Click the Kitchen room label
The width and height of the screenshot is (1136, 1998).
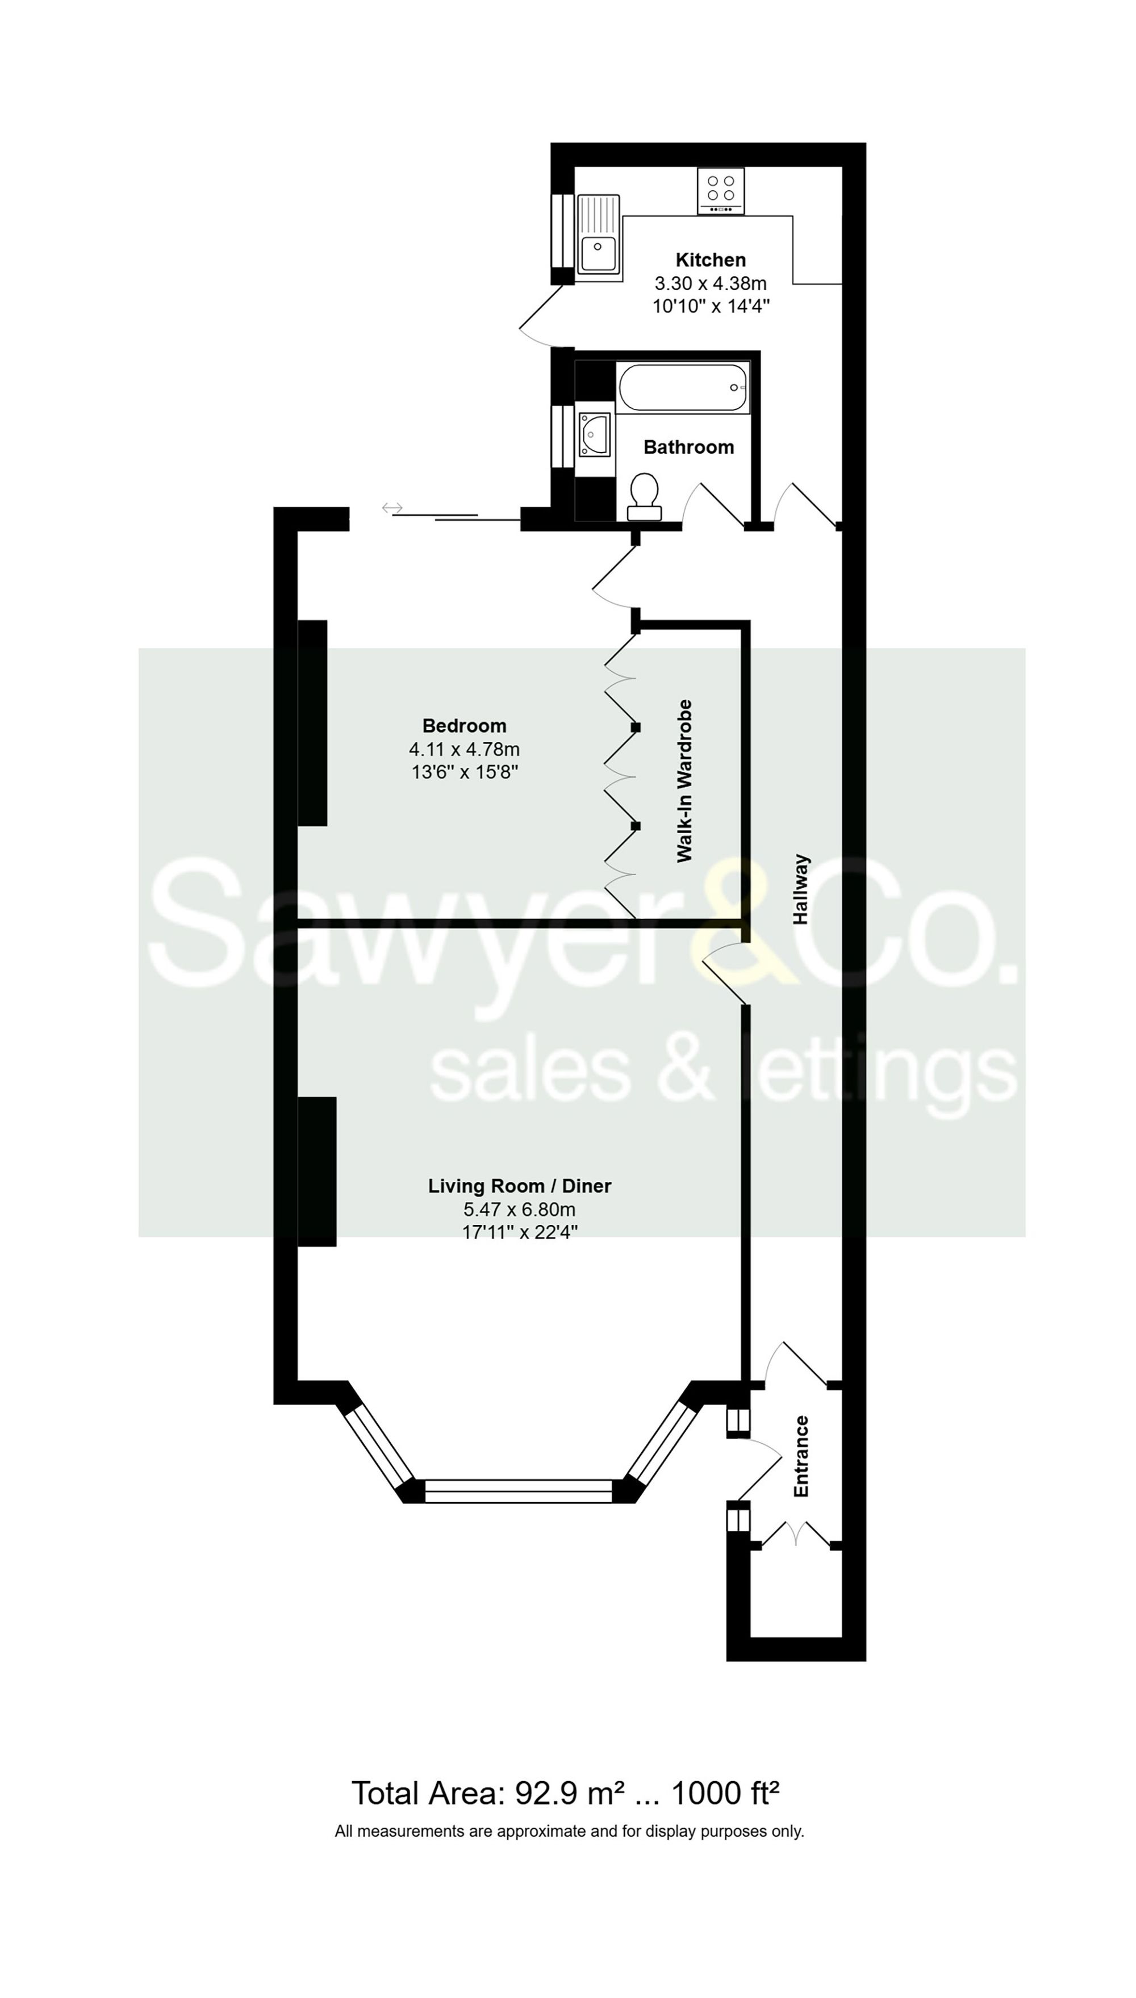[x=710, y=260]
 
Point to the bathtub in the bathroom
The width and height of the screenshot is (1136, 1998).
[x=683, y=388]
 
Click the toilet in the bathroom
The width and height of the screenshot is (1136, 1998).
[x=645, y=496]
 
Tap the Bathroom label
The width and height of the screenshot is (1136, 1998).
[x=688, y=447]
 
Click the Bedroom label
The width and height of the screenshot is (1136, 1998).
[x=464, y=726]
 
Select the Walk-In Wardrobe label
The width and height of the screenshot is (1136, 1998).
[x=684, y=781]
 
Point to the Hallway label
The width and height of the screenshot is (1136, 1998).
[x=800, y=889]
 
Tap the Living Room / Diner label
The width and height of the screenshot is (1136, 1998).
[x=519, y=1186]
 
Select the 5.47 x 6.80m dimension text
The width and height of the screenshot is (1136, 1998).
[x=519, y=1209]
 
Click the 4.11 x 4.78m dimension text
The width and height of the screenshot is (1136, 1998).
[x=464, y=749]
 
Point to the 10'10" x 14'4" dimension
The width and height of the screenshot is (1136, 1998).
[x=710, y=306]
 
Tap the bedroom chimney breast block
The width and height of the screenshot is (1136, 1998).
[x=312, y=722]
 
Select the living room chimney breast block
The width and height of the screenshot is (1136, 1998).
[x=317, y=1171]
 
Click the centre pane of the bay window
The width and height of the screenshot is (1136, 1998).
[x=518, y=1490]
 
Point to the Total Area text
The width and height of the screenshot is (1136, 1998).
[x=566, y=1794]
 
